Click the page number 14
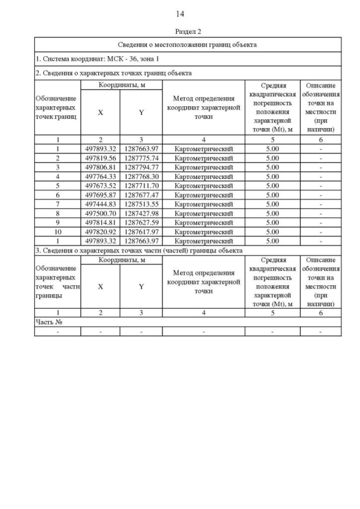pyautogui.click(x=180, y=13)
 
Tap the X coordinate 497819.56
pyautogui.click(x=100, y=158)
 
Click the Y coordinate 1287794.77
pyautogui.click(x=141, y=167)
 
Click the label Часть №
pyautogui.click(x=48, y=322)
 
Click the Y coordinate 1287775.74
pyautogui.click(x=141, y=158)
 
